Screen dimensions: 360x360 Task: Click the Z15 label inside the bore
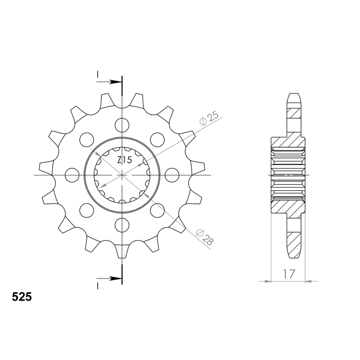[124, 160]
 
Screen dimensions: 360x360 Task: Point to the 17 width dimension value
[288, 274]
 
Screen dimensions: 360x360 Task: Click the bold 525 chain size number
[22, 297]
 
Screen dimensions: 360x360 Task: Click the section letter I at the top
[97, 75]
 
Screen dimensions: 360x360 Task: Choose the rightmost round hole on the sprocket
[171, 174]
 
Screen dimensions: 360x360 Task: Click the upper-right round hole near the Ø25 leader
[157, 139]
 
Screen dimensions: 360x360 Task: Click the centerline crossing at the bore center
[122, 174]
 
